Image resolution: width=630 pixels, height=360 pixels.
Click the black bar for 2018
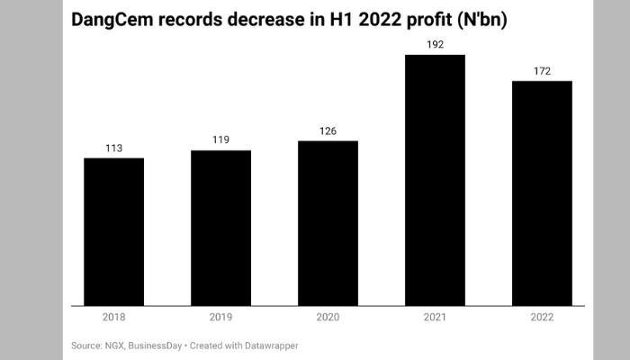pos(113,232)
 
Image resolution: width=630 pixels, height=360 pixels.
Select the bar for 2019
pos(220,229)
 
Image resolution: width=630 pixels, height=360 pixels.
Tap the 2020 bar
pos(328,224)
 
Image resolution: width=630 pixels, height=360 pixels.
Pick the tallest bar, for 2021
pos(435,181)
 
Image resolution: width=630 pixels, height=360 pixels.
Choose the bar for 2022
pos(542,193)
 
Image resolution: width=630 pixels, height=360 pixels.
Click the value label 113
pos(113,148)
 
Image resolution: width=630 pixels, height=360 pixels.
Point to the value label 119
pos(220,139)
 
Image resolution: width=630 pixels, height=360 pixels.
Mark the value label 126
pos(328,130)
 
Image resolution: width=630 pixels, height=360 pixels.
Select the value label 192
pos(435,44)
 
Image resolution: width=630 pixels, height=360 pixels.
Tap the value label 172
pos(542,70)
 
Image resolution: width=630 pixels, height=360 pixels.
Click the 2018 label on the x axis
pos(113,317)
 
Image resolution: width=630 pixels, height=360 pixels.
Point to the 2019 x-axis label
pos(220,317)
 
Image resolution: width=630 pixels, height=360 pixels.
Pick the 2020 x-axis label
pos(328,317)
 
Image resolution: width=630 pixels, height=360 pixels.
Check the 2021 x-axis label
pos(435,317)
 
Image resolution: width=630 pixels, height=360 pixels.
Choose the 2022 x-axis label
pos(542,317)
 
